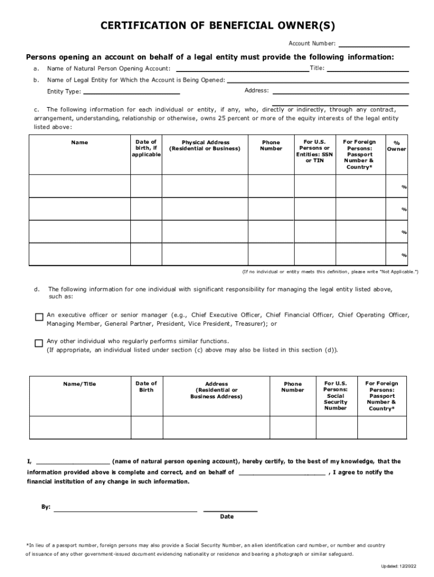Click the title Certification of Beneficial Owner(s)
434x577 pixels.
tap(217, 26)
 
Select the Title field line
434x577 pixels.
tap(367, 70)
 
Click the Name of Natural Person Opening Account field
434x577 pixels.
tap(242, 70)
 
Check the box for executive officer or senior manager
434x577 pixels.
tap(39, 317)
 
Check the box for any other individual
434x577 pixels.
tap(39, 343)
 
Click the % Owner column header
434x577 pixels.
tap(396, 146)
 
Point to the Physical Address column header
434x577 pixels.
tap(205, 145)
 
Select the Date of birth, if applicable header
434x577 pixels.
tap(147, 148)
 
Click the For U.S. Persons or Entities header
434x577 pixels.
tap(315, 151)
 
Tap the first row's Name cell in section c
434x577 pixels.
tap(79, 187)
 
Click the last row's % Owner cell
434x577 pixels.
tap(396, 254)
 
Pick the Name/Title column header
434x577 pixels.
tap(79, 384)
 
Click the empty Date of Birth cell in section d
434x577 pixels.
tap(147, 428)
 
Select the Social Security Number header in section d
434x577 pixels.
tap(335, 396)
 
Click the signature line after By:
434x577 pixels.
tap(125, 510)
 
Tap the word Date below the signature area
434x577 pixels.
tap(227, 517)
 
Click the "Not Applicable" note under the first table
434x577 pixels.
tap(330, 272)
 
